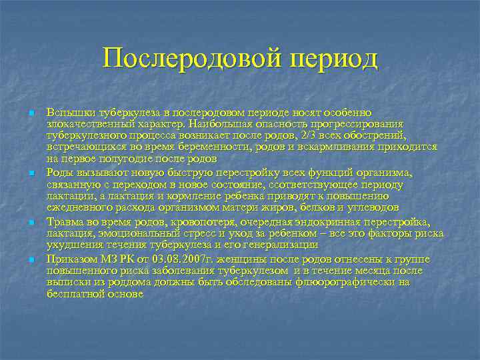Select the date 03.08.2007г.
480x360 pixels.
click(156, 257)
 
